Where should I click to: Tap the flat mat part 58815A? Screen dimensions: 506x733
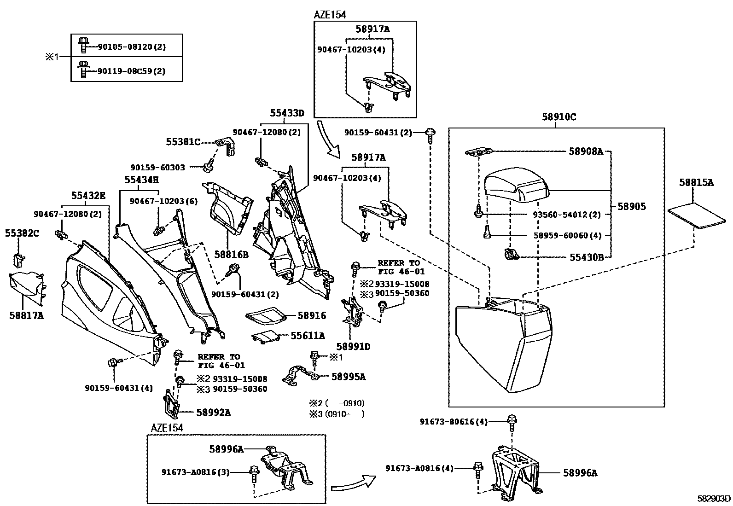click(696, 216)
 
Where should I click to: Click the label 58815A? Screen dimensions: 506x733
click(696, 183)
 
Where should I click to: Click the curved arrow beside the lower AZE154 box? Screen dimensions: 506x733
click(352, 483)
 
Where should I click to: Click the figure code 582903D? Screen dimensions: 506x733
click(713, 498)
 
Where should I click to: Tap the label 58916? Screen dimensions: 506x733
click(312, 315)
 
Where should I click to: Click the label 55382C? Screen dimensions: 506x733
click(22, 233)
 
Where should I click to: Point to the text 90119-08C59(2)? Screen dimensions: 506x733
click(131, 71)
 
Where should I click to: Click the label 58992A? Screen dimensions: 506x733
click(213, 413)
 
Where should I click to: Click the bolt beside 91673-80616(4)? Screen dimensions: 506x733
click(511, 420)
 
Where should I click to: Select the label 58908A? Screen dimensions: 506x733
click(585, 151)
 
